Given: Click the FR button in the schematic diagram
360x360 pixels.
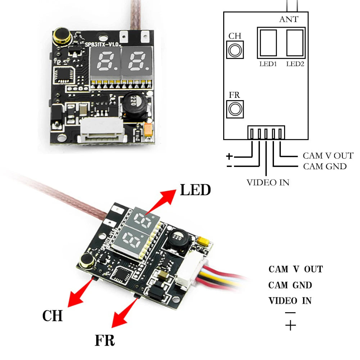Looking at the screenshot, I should click(235, 108).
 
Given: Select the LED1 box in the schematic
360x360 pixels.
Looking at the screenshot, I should click(267, 44).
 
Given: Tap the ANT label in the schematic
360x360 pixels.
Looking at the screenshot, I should click(288, 19).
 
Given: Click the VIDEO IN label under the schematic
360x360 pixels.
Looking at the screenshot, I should click(267, 182).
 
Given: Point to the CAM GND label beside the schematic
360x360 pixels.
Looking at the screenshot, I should click(324, 166).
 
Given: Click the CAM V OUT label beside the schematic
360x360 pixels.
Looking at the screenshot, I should click(328, 156).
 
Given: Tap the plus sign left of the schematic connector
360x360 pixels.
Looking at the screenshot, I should click(229, 156).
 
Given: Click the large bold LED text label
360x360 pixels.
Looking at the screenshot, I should click(195, 190).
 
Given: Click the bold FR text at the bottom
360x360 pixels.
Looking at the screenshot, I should click(105, 340).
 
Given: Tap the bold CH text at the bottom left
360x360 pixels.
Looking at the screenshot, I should click(53, 316).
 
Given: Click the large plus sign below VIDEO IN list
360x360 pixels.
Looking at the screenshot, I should click(290, 326).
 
